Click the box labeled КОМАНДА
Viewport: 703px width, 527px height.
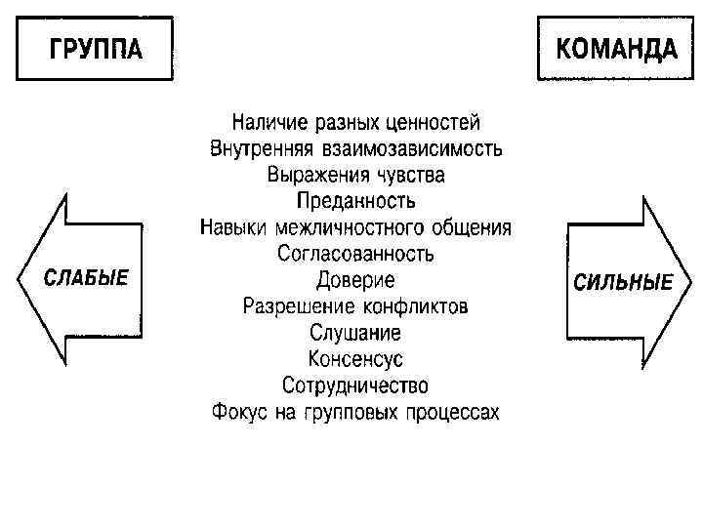pyautogui.click(x=615, y=49)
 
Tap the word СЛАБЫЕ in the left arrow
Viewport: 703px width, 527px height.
pyautogui.click(x=86, y=277)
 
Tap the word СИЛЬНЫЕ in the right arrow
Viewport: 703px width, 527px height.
pyautogui.click(x=623, y=282)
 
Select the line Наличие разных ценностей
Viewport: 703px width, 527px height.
pyautogui.click(x=355, y=124)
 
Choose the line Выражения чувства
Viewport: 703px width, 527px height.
pyautogui.click(x=355, y=176)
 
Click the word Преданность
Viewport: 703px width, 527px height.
pyautogui.click(x=355, y=202)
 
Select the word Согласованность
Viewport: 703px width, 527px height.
pyautogui.click(x=355, y=254)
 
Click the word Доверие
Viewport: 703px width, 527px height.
pyautogui.click(x=355, y=280)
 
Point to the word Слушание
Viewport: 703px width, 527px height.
pyautogui.click(x=355, y=333)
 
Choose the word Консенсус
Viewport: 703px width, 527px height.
pyautogui.click(x=355, y=359)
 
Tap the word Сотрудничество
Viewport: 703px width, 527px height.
pyautogui.click(x=355, y=385)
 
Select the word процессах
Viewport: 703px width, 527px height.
pyautogui.click(x=453, y=412)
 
